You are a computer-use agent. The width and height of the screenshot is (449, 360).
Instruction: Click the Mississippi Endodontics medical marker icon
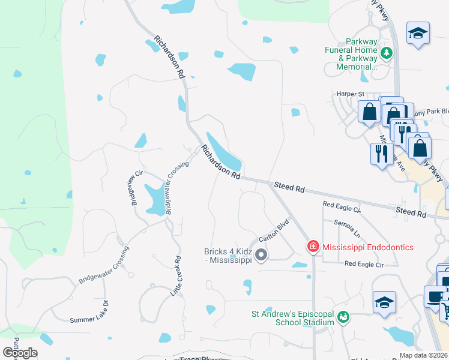point(313,247)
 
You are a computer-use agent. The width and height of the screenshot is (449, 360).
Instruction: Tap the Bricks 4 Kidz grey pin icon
point(261,256)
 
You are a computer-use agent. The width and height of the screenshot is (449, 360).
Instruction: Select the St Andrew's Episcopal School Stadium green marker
point(343,316)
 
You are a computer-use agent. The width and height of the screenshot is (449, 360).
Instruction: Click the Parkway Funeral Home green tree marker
point(387,53)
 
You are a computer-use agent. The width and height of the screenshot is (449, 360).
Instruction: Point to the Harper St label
point(351,94)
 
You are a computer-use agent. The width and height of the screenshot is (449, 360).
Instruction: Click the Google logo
point(20,352)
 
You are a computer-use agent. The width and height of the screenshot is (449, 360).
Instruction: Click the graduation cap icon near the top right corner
point(417,34)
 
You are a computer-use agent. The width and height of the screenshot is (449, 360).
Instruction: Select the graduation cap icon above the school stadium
point(384,302)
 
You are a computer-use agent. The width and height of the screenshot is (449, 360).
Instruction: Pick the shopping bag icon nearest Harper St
point(369,112)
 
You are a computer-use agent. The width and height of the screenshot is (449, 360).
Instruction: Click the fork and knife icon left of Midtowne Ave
point(381,154)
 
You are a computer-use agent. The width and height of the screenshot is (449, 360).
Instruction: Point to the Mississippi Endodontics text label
point(368,247)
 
